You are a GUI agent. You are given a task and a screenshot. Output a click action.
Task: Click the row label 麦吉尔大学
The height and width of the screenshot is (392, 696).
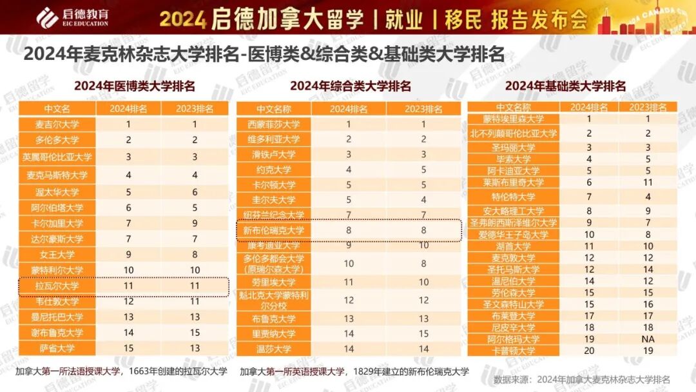point(57,124)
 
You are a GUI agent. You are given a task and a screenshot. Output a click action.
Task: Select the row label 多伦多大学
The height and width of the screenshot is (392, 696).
point(57,140)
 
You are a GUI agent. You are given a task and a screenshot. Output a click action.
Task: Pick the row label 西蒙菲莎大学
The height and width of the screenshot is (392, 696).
point(274,124)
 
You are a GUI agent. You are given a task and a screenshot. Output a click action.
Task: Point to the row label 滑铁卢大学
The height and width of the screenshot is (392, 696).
point(274,155)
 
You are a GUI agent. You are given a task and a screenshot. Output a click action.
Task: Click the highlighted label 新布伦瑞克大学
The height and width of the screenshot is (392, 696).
point(274,230)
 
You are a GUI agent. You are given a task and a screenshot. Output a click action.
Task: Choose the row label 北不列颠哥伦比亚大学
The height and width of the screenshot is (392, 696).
point(514,133)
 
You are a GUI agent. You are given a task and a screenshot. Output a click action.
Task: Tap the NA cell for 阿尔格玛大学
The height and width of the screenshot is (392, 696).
point(648,339)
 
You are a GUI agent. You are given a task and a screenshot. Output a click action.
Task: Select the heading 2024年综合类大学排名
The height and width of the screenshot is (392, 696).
point(350,86)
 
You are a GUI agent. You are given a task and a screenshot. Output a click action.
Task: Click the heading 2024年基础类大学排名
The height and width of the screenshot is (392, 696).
point(565,86)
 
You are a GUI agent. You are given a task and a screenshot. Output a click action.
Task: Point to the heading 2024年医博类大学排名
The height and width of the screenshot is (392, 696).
point(134,86)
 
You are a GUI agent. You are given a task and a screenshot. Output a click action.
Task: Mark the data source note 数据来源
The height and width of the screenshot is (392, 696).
point(582,378)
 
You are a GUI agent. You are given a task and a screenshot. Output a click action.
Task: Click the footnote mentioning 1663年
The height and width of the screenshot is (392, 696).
point(121,371)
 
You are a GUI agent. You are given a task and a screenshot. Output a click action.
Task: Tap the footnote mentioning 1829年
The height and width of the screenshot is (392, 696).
point(354,371)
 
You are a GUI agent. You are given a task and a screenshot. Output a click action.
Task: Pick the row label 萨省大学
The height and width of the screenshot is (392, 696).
point(57,348)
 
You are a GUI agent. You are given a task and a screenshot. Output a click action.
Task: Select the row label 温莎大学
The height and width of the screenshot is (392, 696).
point(274,349)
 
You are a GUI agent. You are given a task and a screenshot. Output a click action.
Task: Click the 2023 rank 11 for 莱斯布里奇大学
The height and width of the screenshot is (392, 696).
point(648,182)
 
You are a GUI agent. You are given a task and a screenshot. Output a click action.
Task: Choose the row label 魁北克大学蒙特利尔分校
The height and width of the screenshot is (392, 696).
point(274,300)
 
